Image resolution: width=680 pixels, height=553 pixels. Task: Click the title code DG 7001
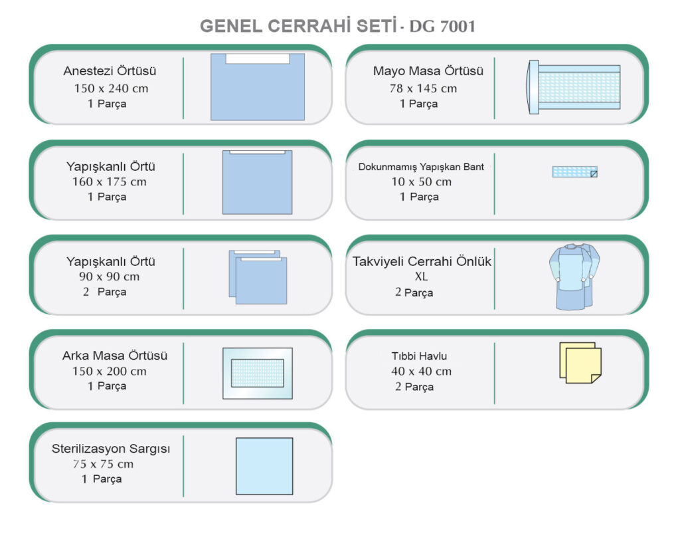(x=442, y=27)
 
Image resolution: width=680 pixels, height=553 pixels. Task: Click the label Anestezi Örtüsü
(x=110, y=70)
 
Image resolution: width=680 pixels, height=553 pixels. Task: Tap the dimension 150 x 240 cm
(x=111, y=88)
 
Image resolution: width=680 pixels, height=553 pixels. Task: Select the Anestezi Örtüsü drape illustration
(x=258, y=87)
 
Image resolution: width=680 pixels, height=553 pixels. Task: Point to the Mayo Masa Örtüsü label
(x=428, y=70)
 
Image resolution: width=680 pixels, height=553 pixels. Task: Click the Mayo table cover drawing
(x=573, y=87)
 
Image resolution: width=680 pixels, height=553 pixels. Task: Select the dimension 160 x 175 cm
(x=110, y=182)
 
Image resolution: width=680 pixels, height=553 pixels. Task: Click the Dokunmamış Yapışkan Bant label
(x=421, y=167)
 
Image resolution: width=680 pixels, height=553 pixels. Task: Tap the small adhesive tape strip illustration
(x=574, y=172)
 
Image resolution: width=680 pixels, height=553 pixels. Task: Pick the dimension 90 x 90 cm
(x=110, y=276)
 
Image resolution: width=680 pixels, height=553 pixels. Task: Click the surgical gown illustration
(x=574, y=277)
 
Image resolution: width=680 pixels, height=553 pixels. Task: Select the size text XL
(x=421, y=276)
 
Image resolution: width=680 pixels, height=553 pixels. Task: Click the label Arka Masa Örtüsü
(x=114, y=356)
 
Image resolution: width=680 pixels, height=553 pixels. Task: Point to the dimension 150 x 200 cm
(x=110, y=372)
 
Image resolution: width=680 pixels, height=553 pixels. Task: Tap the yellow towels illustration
(x=580, y=363)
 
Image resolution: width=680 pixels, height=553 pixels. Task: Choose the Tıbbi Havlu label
(x=419, y=356)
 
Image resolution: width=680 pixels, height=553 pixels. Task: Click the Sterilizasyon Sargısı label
(x=111, y=449)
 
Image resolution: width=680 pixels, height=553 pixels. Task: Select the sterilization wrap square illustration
(x=264, y=466)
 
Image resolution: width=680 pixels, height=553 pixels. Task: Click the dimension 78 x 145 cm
(x=423, y=88)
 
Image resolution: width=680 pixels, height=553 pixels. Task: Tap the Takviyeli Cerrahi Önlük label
(x=422, y=261)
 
